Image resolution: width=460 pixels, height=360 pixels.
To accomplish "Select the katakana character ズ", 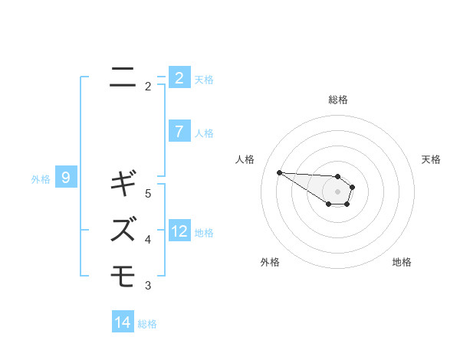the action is click(123, 227).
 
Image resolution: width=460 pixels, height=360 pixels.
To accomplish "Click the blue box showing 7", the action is click(179, 132).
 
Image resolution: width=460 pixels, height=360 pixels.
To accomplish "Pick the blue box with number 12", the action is click(179, 231).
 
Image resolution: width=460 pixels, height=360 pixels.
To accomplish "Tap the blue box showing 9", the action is click(66, 178).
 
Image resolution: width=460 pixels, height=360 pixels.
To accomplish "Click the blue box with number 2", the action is click(179, 78).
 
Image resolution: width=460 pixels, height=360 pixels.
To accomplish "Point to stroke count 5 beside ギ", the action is click(148, 194).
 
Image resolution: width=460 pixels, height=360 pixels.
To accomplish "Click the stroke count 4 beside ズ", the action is click(148, 240).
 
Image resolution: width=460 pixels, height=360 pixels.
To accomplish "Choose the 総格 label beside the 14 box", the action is click(147, 324).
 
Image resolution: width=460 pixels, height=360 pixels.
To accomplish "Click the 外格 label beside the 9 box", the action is click(41, 179).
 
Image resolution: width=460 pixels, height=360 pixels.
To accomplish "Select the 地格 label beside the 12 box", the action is click(204, 233).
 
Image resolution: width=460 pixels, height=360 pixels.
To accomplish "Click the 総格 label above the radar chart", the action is click(338, 100).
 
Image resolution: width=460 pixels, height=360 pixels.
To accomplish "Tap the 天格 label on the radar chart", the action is click(431, 159).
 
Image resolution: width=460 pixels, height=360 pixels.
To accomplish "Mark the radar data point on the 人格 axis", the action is click(279, 172).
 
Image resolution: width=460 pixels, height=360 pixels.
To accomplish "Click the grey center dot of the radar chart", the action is click(338, 191).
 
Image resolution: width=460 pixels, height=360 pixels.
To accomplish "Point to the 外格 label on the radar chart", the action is click(270, 262).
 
